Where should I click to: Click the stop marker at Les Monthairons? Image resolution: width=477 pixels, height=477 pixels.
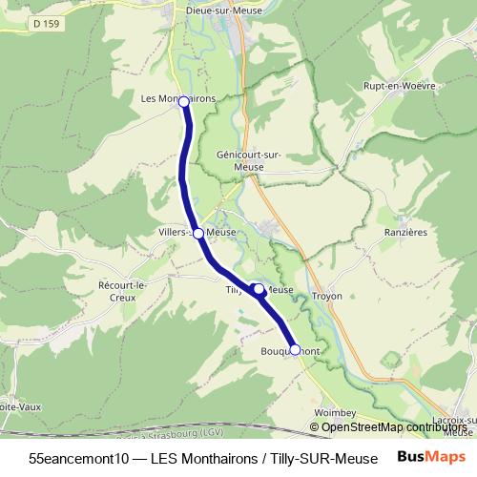click(x=183, y=101)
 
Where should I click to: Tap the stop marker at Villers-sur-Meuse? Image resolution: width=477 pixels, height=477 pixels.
click(x=197, y=233)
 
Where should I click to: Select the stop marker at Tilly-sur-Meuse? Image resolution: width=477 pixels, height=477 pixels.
click(x=259, y=288)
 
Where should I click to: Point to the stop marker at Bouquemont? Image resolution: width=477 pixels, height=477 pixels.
click(x=295, y=350)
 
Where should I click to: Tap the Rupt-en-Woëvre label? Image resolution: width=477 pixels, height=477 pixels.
click(x=399, y=86)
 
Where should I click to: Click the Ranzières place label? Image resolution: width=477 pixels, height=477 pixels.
click(x=404, y=231)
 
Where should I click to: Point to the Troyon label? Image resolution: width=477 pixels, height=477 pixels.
click(x=326, y=296)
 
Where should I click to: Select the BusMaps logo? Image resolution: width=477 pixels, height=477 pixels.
click(x=431, y=456)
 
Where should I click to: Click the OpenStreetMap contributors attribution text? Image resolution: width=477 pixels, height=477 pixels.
click(x=394, y=427)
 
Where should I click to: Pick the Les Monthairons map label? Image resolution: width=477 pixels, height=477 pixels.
click(x=177, y=98)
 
